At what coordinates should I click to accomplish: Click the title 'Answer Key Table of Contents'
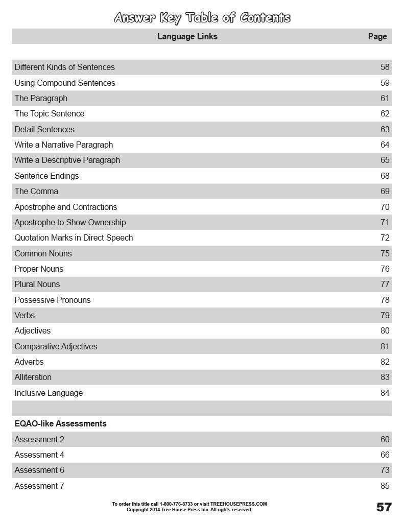click(x=202, y=18)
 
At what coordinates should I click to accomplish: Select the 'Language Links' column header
click(x=187, y=36)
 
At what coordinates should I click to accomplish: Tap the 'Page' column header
click(x=377, y=36)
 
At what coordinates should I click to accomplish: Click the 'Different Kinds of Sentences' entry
click(x=64, y=67)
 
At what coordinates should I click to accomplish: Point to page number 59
click(x=385, y=83)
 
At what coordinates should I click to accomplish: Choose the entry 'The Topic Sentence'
click(x=49, y=113)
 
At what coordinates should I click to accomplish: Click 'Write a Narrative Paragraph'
click(x=63, y=145)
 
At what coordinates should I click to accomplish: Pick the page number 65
click(x=385, y=160)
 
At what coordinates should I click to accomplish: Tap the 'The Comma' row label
click(x=36, y=191)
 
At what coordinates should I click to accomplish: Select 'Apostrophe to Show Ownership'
click(x=70, y=222)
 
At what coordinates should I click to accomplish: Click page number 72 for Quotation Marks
click(x=385, y=237)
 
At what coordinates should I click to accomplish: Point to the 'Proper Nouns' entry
click(x=39, y=269)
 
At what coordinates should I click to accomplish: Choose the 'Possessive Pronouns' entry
click(x=52, y=300)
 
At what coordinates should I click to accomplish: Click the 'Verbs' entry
click(x=25, y=315)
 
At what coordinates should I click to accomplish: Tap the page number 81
click(x=385, y=346)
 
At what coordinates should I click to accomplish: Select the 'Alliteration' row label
click(x=33, y=377)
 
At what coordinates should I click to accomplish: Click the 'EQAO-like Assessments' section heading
click(x=60, y=423)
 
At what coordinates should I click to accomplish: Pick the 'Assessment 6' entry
click(x=39, y=470)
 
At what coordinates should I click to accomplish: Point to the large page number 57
click(x=384, y=507)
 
